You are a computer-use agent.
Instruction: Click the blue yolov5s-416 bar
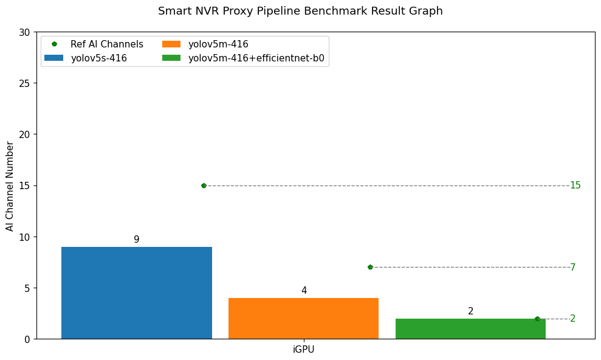pyautogui.click(x=136, y=292)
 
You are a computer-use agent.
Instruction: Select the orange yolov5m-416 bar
pyautogui.click(x=303, y=318)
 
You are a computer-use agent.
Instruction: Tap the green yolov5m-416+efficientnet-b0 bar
pyautogui.click(x=470, y=328)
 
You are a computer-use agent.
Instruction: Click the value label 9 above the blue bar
pyautogui.click(x=137, y=240)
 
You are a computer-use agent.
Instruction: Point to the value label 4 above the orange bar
pyautogui.click(x=304, y=291)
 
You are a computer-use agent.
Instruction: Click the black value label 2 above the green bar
pyautogui.click(x=470, y=311)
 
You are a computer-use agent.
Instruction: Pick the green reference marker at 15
pyautogui.click(x=204, y=185)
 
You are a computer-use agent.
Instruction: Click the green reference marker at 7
pyautogui.click(x=370, y=267)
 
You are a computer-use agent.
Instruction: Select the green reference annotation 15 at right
pyautogui.click(x=575, y=185)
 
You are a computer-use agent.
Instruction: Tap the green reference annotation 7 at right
pyautogui.click(x=572, y=268)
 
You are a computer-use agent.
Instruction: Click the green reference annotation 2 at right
pyautogui.click(x=572, y=319)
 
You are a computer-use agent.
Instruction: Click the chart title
pyautogui.click(x=300, y=11)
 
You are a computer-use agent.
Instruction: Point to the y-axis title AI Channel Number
pyautogui.click(x=10, y=185)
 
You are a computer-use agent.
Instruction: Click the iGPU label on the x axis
pyautogui.click(x=304, y=350)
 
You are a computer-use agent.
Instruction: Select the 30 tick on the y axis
pyautogui.click(x=24, y=32)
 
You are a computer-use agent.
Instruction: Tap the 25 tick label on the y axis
pyautogui.click(x=24, y=83)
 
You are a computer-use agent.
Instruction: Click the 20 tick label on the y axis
pyautogui.click(x=24, y=134)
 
